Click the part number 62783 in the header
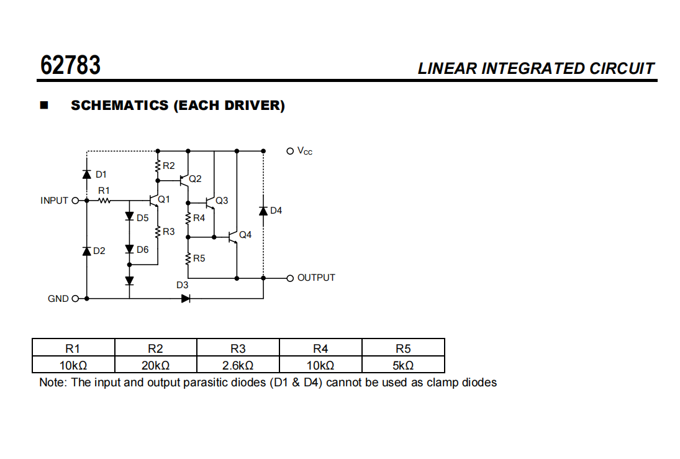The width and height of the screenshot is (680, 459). tap(70, 65)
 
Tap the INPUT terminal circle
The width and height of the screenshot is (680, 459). tap(76, 201)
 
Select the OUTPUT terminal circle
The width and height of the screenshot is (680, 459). tap(289, 278)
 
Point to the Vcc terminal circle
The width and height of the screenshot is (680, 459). tap(289, 150)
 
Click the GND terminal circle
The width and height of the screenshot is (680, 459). tap(76, 299)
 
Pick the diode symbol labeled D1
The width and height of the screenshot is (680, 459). tap(86, 174)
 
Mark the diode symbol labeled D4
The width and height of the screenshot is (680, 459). tap(263, 211)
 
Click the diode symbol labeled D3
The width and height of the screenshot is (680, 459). tap(186, 298)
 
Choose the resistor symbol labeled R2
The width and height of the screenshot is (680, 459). tap(158, 166)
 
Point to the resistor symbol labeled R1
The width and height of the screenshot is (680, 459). tap(104, 201)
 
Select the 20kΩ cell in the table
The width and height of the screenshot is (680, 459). tap(155, 365)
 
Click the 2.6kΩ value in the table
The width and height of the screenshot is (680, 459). tap(238, 365)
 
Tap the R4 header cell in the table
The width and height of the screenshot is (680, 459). tap(320, 348)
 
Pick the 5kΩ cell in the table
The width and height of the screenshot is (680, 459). tap(403, 365)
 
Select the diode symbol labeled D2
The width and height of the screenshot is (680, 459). tap(86, 250)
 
